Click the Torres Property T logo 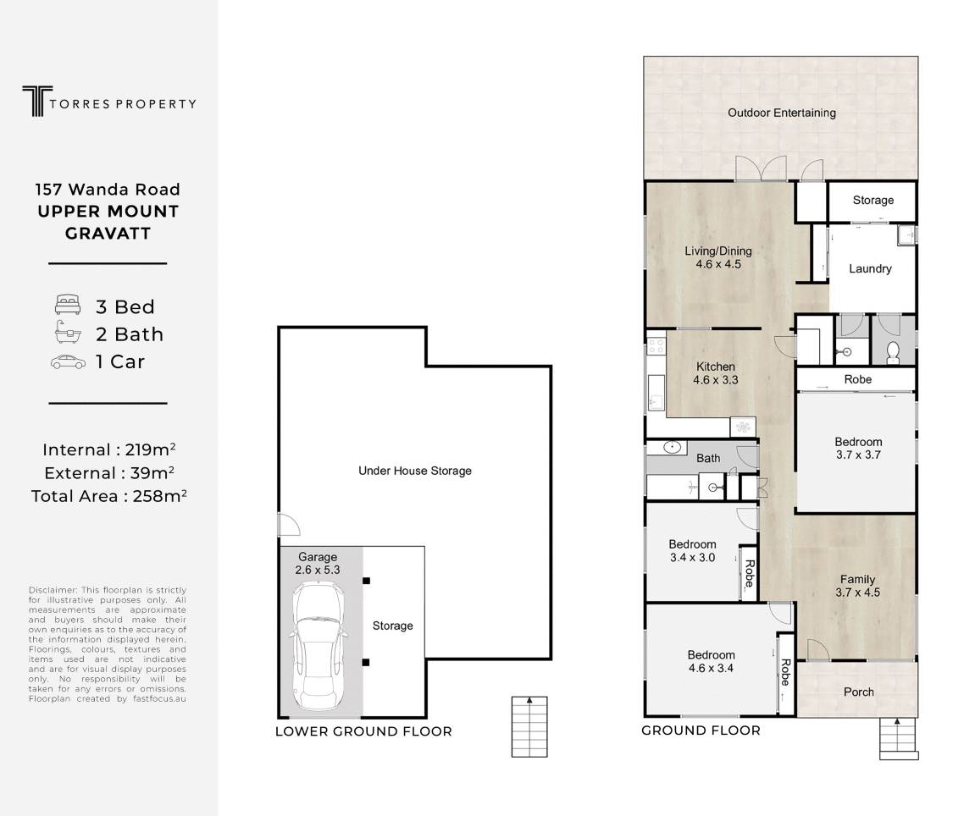[37, 101]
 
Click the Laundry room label [870, 268]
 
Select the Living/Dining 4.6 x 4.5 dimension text [718, 264]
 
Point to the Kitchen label [715, 367]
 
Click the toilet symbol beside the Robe [893, 352]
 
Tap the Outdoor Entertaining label [782, 113]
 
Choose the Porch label [859, 692]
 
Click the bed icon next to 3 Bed [67, 305]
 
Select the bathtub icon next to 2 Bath [68, 333]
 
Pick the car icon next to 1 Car [68, 361]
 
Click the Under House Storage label [415, 471]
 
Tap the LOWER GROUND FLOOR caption [363, 731]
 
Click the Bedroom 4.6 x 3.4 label [711, 662]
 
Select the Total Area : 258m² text [109, 495]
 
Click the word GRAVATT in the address [108, 234]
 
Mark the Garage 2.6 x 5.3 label [317, 563]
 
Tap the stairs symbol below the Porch [899, 738]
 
